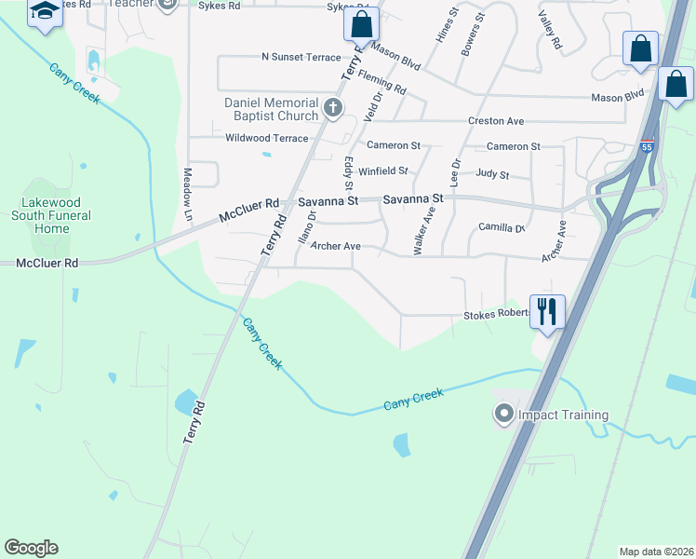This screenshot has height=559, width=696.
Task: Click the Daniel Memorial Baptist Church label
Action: (271, 109)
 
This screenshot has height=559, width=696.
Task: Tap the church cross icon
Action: (333, 109)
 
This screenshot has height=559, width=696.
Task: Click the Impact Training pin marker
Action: (504, 414)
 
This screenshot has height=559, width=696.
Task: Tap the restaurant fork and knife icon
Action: (547, 311)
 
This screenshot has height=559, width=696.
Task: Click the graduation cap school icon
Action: (44, 11)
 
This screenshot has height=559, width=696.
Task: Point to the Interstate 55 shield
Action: (647, 146)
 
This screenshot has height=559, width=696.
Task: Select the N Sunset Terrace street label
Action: (301, 57)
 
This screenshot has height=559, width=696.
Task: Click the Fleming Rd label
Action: (381, 83)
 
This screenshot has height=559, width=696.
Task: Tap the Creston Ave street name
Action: (496, 121)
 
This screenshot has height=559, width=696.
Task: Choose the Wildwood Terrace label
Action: (266, 138)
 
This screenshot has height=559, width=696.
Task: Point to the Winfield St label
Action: (383, 171)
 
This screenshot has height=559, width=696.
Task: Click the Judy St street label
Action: (492, 174)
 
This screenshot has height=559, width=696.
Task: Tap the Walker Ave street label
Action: (423, 230)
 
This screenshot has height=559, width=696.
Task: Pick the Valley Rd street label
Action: (550, 31)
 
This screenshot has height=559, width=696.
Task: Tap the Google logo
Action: (31, 548)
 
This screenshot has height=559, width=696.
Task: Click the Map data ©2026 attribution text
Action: (656, 552)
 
